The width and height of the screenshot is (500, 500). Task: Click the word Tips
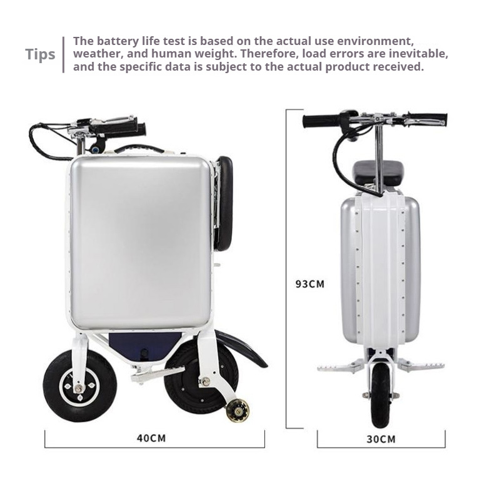coord(41,54)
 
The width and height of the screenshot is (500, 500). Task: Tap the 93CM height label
coord(310,284)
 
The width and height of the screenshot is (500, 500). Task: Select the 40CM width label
coord(151,438)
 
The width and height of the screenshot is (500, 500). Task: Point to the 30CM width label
coord(381,439)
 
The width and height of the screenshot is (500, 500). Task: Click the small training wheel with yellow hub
coord(237,410)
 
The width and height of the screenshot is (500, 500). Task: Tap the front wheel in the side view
coord(79,386)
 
